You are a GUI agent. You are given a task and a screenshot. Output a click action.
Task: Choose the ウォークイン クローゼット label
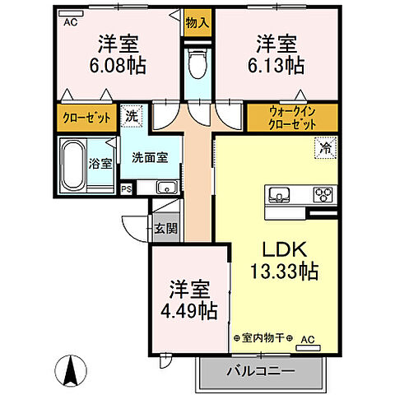click(292, 118)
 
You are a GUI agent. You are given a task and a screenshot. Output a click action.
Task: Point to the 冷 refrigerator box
click(326, 150)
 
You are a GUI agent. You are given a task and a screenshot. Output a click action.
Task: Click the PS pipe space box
click(126, 188)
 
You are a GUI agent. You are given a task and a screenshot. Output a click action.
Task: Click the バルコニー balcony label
click(261, 371)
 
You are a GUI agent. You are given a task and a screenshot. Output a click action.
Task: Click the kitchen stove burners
click(322, 195)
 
